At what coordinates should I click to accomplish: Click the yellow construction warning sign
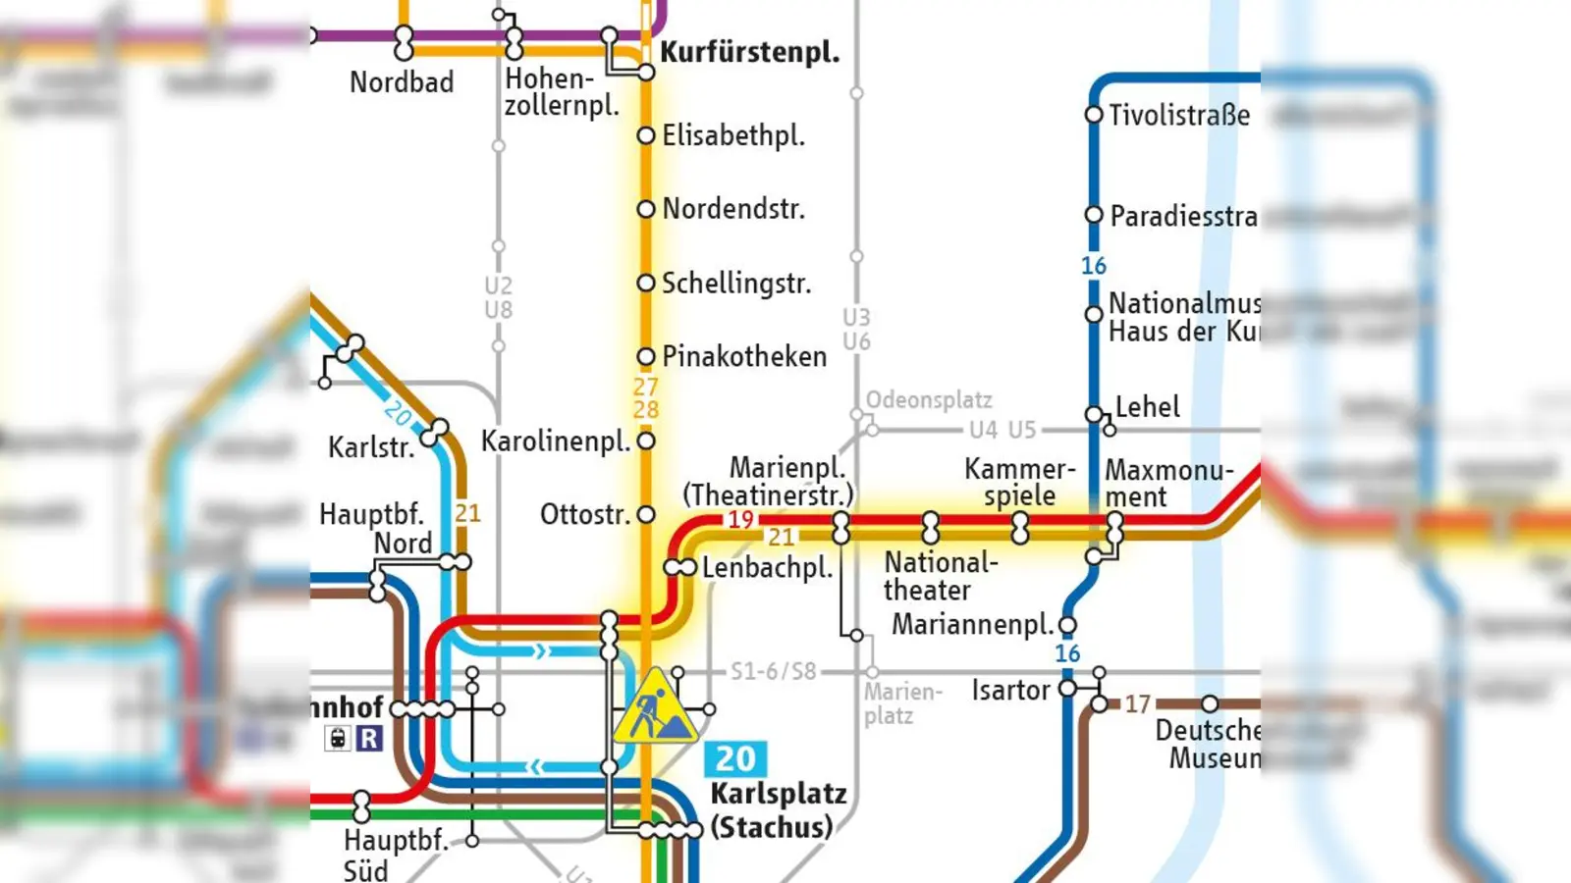tap(655, 708)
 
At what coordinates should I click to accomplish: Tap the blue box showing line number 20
tap(734, 758)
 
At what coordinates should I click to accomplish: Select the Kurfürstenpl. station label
tap(749, 52)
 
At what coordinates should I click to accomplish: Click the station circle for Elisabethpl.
tap(646, 135)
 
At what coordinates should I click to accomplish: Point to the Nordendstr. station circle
tap(646, 209)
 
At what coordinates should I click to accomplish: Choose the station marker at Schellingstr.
tap(646, 284)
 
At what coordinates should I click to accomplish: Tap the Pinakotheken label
tap(744, 356)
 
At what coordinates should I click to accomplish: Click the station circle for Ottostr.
tap(646, 514)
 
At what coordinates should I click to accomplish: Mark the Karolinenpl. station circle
tap(646, 441)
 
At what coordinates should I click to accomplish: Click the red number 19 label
tap(740, 519)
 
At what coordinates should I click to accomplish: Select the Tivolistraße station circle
tap(1094, 115)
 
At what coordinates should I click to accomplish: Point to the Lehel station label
tap(1147, 406)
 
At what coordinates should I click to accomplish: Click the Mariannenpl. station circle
tap(1068, 625)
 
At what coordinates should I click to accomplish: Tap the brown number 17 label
tap(1137, 703)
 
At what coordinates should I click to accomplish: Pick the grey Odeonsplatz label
tap(928, 399)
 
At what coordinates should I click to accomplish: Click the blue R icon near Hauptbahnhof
tap(369, 738)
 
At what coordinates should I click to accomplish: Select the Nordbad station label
tap(402, 82)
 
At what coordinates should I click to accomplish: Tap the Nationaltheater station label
tap(939, 576)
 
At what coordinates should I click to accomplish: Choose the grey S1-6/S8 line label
tap(773, 671)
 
